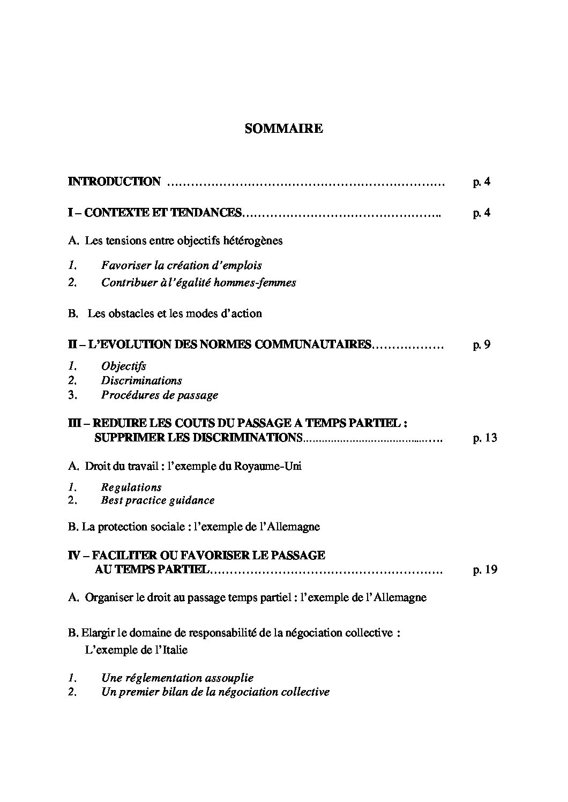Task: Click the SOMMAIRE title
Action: pos(283,129)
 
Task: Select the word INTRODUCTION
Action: pos(114,182)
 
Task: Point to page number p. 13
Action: pos(485,438)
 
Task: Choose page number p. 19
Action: pos(485,569)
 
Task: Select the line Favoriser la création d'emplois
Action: pos(181,265)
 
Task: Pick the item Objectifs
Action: pos(123,366)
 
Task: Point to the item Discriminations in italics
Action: pos(141,381)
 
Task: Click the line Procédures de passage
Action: pos(159,395)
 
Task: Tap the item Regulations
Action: pos(131,488)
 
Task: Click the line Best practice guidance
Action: pos(158,500)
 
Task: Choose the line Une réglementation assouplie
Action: pos(177,678)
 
